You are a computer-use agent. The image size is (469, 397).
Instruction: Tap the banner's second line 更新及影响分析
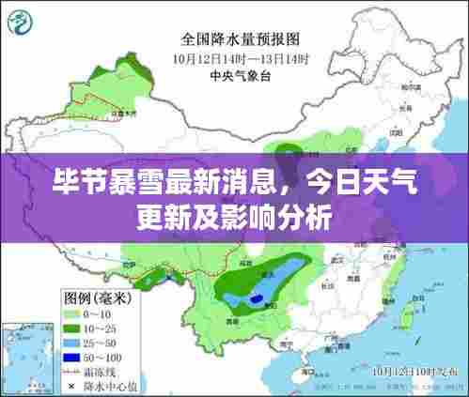(x=234, y=218)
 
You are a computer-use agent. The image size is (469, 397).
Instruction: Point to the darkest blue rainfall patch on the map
(x=256, y=298)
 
